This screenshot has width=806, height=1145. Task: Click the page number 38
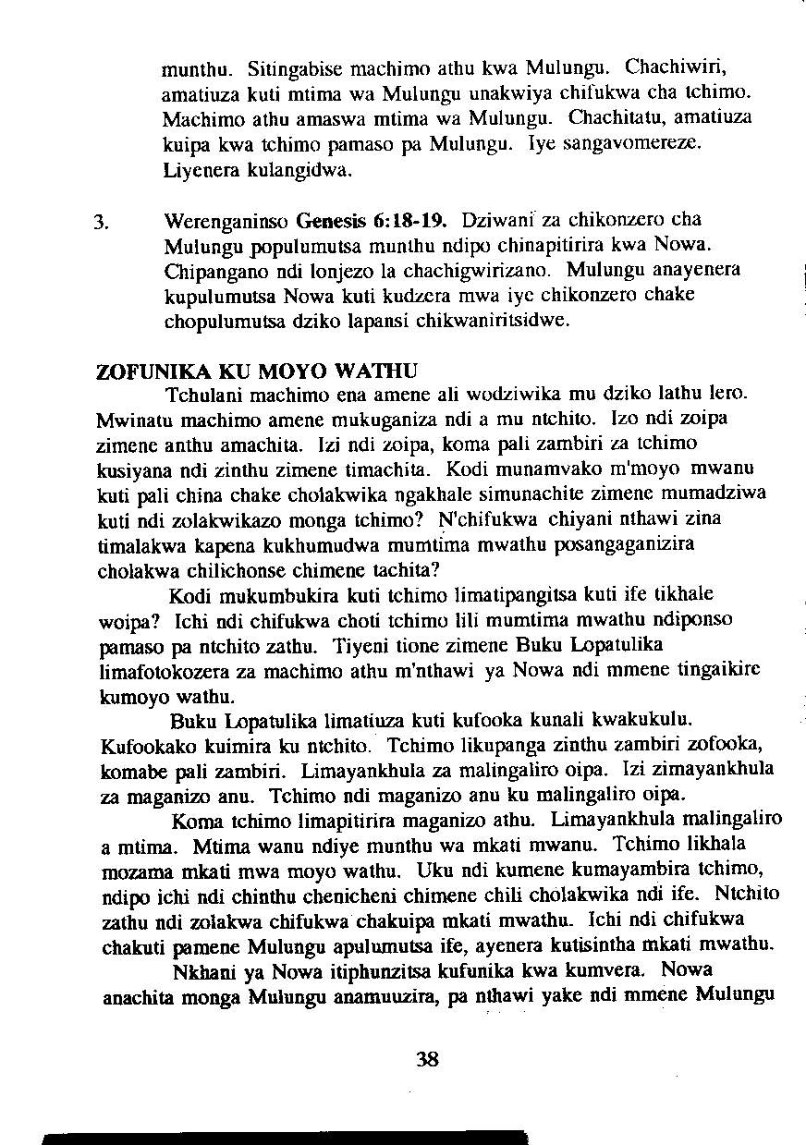pos(426,1059)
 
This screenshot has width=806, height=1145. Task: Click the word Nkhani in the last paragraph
pos(200,971)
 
